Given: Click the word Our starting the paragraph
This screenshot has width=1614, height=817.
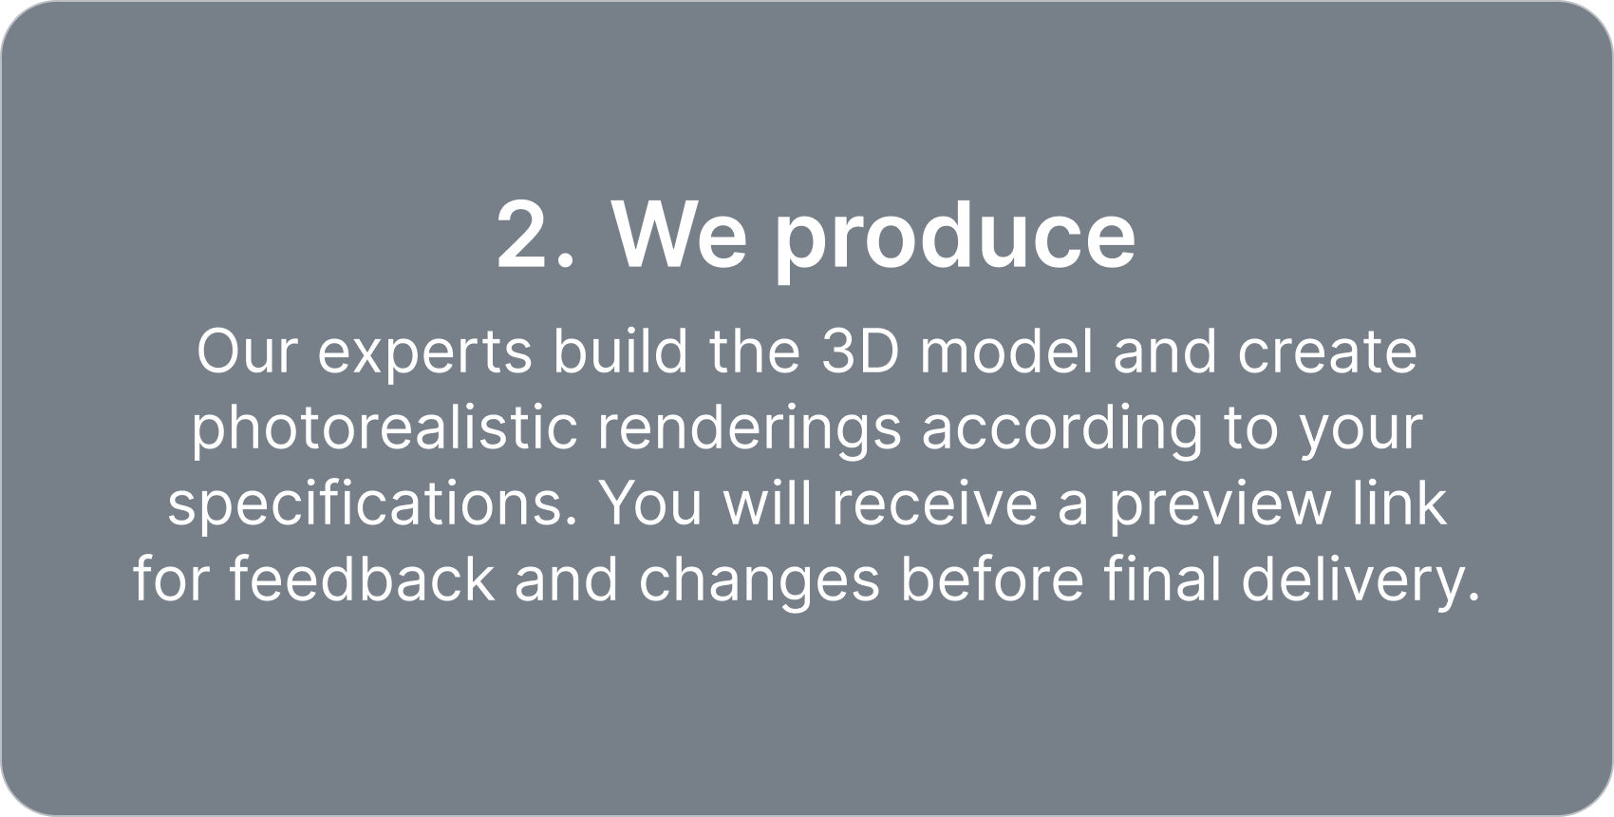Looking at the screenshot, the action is (247, 351).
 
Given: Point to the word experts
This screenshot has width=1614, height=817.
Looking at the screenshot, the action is (425, 357).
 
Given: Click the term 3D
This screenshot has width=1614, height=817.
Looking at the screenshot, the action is (861, 351).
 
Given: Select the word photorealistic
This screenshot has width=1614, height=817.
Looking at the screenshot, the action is (385, 430).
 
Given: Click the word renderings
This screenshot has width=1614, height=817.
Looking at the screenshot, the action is (749, 430).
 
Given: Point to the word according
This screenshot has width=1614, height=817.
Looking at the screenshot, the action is (1062, 430).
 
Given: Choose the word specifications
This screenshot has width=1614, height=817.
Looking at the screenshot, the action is (372, 507).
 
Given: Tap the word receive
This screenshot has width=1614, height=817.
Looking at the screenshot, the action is (934, 503).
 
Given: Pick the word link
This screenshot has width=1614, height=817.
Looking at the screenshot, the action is (1399, 503).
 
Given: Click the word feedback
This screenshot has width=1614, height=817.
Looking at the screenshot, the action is (362, 579).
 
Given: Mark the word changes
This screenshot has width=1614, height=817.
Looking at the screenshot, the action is (760, 583).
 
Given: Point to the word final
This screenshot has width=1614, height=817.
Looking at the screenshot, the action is (1163, 579).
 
